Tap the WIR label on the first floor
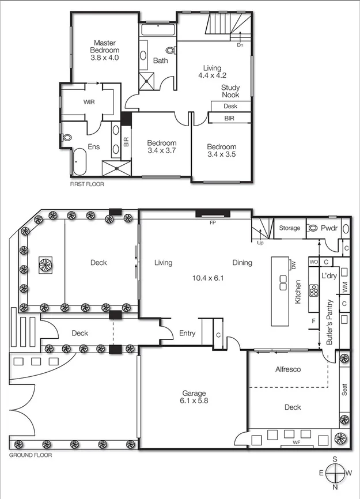pos(89,102)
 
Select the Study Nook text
pos(230,91)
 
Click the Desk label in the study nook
pos(230,106)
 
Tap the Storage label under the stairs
pos(289,228)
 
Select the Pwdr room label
pos(329,228)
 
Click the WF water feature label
pos(296,443)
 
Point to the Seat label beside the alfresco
pos(344,390)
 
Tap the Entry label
pos(187,333)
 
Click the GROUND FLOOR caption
pos(31,455)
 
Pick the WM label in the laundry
pos(344,285)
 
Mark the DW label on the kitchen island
pos(293,266)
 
